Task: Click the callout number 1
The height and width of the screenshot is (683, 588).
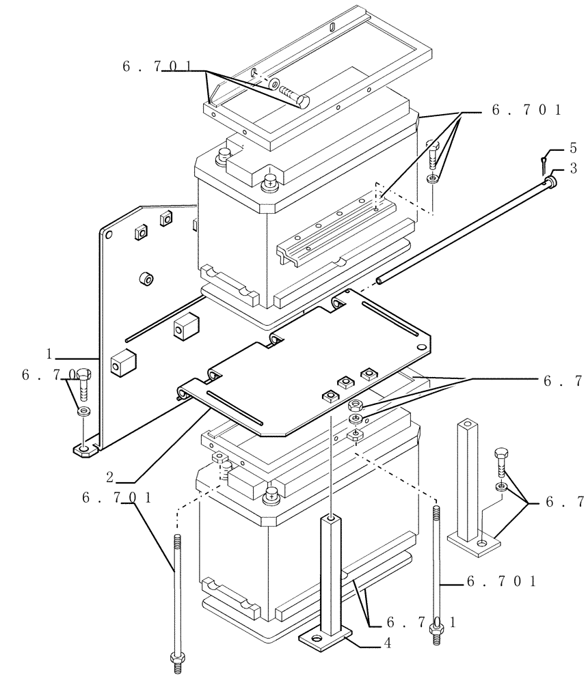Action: tap(49, 354)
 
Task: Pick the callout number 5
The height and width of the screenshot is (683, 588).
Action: tap(573, 148)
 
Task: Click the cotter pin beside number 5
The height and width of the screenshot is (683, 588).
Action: tap(544, 162)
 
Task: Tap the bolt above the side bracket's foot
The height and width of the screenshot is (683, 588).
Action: tap(83, 385)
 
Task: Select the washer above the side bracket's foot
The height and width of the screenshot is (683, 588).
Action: tap(83, 412)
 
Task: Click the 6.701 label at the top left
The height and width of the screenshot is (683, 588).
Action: tap(157, 67)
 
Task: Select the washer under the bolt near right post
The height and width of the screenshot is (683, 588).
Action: tap(501, 486)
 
